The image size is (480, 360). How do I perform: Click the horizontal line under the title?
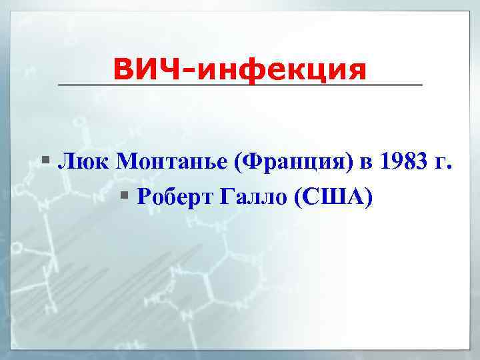[x=240, y=85]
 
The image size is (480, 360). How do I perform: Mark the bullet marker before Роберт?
[x=127, y=197]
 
